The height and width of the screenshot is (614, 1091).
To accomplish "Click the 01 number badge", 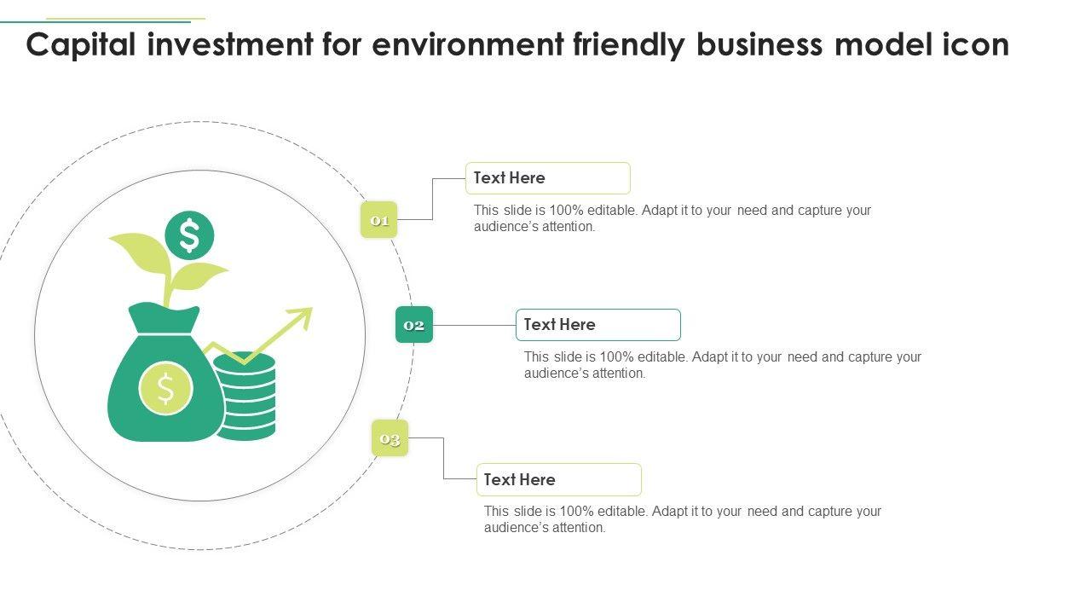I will pyautogui.click(x=379, y=220).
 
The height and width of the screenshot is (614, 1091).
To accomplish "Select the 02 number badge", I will pyautogui.click(x=414, y=325).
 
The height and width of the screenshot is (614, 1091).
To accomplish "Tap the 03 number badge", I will pyautogui.click(x=390, y=438).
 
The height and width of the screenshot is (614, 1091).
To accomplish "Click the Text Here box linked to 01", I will pyautogui.click(x=547, y=178).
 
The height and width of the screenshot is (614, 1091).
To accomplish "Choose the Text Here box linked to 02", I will pyautogui.click(x=597, y=325).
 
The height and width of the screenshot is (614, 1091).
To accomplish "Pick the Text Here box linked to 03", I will pyautogui.click(x=558, y=479).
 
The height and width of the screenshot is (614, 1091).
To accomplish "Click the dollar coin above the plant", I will pyautogui.click(x=189, y=235).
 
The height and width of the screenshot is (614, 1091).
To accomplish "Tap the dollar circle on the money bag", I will pyautogui.click(x=165, y=388).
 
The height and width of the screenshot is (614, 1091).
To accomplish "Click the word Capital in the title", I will pyautogui.click(x=81, y=44).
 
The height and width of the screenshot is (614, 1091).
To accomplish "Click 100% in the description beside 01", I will pyautogui.click(x=563, y=210).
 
